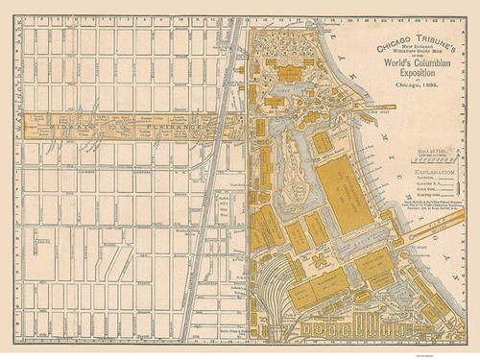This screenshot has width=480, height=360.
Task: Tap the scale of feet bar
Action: (x=421, y=150)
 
